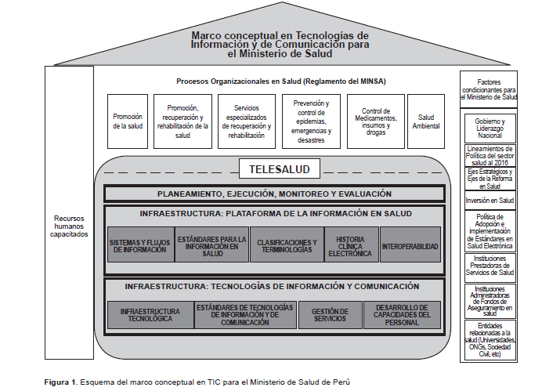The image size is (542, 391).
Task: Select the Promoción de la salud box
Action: coord(128,121)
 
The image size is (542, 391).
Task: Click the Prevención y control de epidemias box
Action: coord(311,121)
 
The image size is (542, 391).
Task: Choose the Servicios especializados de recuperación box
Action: coord(248,121)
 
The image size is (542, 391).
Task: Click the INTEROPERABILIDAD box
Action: coord(410,244)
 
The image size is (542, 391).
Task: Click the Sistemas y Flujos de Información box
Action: coord(141,244)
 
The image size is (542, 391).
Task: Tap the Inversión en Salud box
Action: coord(489,200)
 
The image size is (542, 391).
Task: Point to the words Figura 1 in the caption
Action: coord(60,381)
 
